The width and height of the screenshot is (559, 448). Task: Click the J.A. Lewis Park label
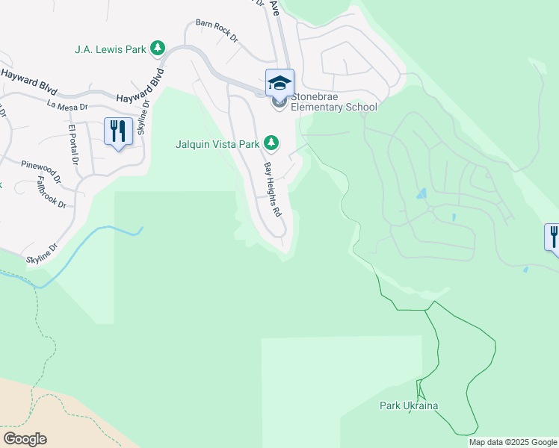click(109, 49)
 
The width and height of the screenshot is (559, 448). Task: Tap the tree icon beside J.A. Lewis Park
click(157, 49)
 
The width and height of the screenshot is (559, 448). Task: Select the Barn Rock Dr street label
click(216, 30)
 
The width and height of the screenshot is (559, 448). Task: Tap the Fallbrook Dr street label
click(52, 190)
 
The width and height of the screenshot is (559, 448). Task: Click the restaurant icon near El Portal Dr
click(118, 131)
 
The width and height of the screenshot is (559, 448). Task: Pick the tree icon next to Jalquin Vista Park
click(273, 142)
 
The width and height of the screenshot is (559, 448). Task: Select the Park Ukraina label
click(408, 405)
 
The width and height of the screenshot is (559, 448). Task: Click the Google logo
click(25, 438)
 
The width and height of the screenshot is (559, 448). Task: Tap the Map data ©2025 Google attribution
click(513, 442)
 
